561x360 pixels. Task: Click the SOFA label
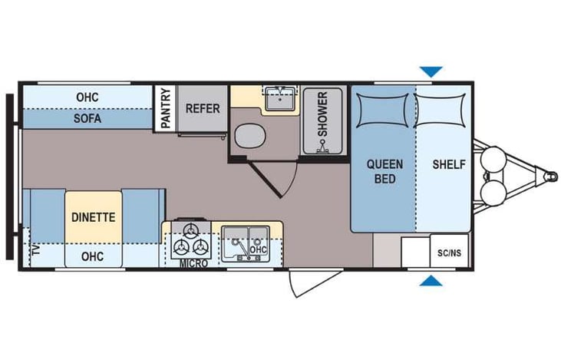click(87, 120)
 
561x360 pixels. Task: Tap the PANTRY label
click(165, 108)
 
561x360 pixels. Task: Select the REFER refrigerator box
click(203, 109)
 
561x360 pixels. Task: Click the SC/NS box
click(449, 251)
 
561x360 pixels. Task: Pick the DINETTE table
click(94, 216)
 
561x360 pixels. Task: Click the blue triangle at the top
click(431, 72)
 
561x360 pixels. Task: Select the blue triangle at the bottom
click(431, 281)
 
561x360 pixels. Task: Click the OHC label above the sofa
click(87, 97)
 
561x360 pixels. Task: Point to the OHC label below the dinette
click(92, 256)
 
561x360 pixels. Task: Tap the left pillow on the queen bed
click(381, 107)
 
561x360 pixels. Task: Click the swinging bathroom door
click(276, 175)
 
